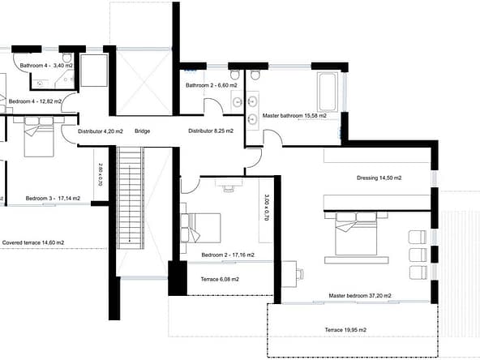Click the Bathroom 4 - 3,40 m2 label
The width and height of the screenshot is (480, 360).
[x=46, y=66]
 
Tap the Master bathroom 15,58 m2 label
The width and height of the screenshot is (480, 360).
[x=294, y=116]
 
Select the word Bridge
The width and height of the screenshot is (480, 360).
[x=143, y=131]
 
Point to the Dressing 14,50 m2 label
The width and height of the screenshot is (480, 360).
[x=379, y=178]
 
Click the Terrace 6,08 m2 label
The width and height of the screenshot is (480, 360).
[x=220, y=279]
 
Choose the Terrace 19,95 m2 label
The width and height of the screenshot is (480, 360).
[x=345, y=330]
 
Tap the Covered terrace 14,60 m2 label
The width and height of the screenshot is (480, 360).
[x=33, y=242]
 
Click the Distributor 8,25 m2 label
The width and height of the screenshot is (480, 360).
[x=211, y=131]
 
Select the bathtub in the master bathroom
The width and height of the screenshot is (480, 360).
[x=328, y=92]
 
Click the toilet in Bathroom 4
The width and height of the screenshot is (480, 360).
[x=66, y=57]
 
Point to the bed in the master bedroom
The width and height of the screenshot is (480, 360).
[x=356, y=234]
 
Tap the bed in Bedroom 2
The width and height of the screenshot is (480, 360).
[x=201, y=228]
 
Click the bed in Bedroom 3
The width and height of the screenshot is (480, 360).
[x=39, y=136]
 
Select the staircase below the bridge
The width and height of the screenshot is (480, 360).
[x=131, y=198]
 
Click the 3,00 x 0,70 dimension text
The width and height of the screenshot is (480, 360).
[x=267, y=208]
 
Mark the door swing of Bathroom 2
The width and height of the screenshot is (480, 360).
[x=213, y=106]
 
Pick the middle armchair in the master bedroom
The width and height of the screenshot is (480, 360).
[x=418, y=255]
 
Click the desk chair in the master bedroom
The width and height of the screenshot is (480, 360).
[x=300, y=274]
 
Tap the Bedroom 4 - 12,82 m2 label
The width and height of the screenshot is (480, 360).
[x=35, y=101]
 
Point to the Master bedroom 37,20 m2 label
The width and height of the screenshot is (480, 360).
[x=360, y=296]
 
